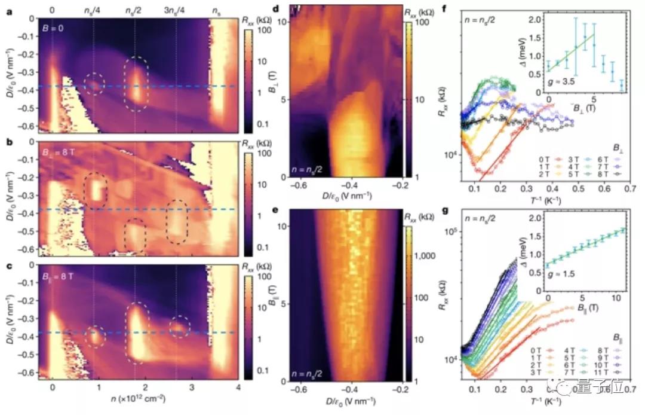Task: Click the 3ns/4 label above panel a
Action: coord(176,10)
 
